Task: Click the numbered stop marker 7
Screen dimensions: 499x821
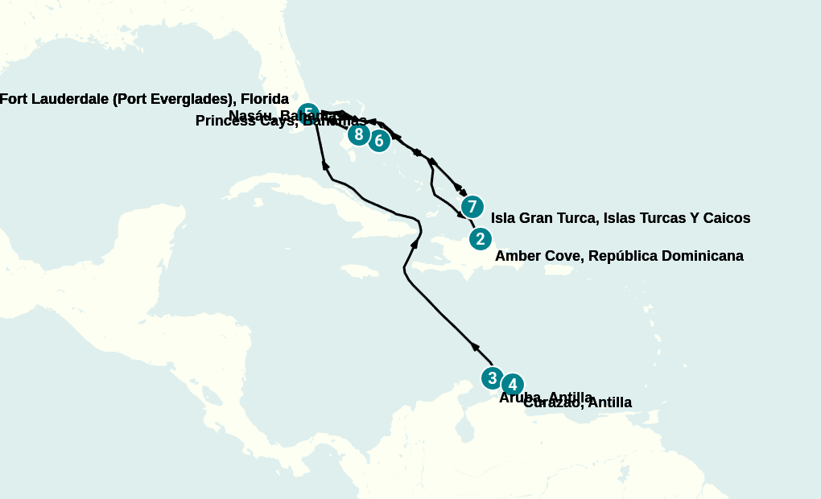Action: coord(472,207)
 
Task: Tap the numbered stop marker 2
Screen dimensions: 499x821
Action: coord(480,239)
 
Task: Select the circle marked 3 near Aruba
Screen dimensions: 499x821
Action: coord(493,377)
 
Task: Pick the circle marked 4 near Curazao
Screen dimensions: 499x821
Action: coord(513,385)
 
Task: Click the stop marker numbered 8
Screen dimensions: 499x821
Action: coord(359,134)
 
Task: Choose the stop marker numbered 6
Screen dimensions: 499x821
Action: coord(379,141)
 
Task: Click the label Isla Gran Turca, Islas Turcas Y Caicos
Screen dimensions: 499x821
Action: coord(620,218)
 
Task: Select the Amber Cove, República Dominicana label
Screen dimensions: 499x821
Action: coord(618,256)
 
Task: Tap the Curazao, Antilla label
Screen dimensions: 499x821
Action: coord(577,402)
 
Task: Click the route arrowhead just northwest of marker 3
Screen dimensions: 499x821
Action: coord(475,347)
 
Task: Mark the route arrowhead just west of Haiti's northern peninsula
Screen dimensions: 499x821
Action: coord(415,242)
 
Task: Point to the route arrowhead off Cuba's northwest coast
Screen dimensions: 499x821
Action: coord(326,165)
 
